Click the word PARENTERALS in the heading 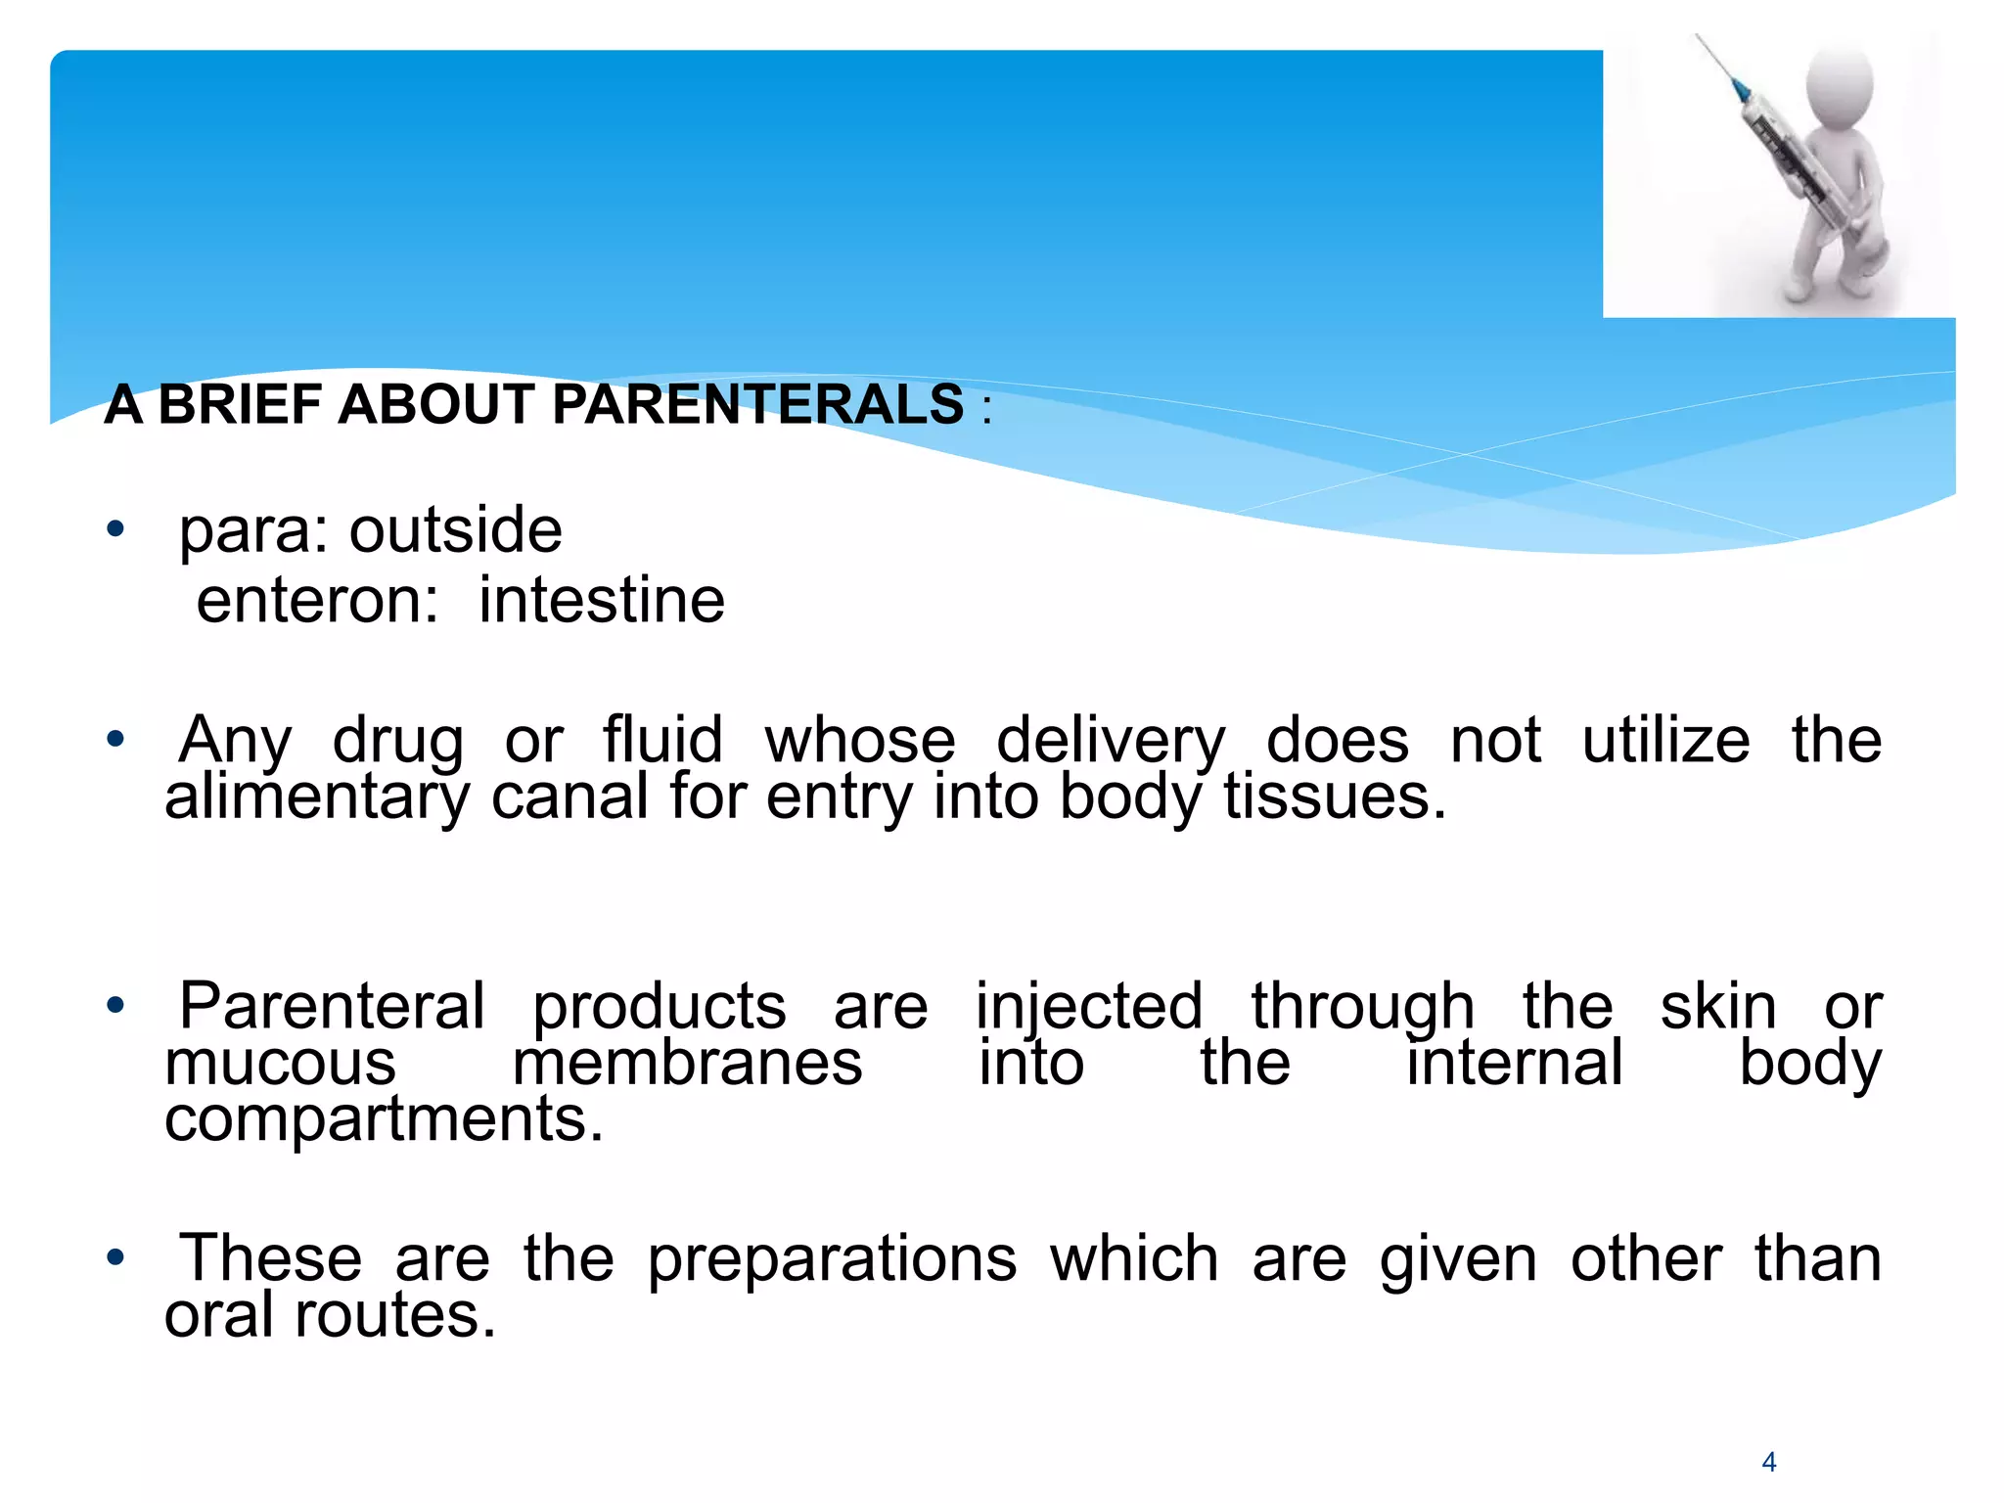pos(758,404)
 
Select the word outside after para pos(456,530)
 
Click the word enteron pos(317,600)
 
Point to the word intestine pos(602,600)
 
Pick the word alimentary pos(317,797)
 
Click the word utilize pos(1665,740)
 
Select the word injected pos(1089,1008)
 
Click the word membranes pos(687,1064)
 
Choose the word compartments pos(383,1120)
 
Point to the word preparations pos(832,1259)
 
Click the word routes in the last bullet pos(395,1315)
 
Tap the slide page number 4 pos(1768,1462)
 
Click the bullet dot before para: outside pos(116,530)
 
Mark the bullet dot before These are pos(116,1257)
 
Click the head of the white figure pos(1838,86)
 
